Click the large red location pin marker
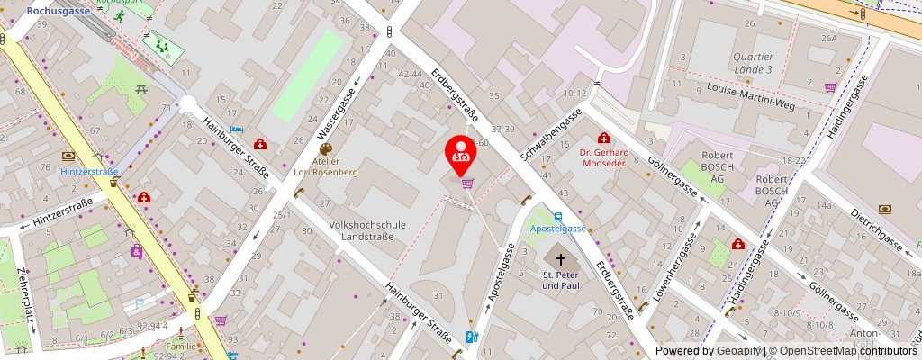coord(462,154)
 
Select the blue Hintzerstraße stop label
coord(90,172)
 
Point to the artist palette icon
coord(325,149)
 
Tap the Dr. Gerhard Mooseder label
coord(604,158)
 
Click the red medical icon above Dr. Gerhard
coord(603,138)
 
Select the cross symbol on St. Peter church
coord(560,259)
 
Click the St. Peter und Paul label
coord(560,280)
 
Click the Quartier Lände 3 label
coord(753,62)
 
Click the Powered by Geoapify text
coord(710,351)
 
